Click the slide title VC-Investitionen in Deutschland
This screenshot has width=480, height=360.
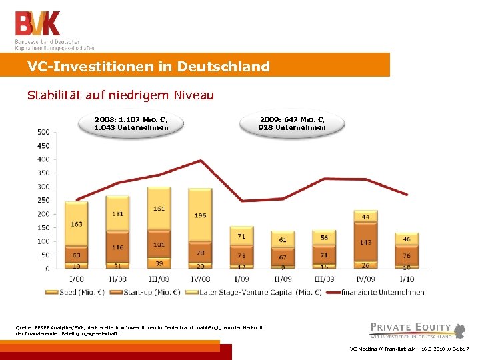point(149,67)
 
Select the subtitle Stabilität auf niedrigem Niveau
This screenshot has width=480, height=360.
point(121,95)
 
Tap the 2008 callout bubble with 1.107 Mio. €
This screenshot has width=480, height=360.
point(131,123)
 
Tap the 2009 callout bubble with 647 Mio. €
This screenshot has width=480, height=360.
point(292,123)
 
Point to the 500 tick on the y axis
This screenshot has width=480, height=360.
point(43,131)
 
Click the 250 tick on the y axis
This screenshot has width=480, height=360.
point(43,200)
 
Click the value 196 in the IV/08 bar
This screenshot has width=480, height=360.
point(201,215)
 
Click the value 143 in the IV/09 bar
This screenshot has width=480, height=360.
point(365,242)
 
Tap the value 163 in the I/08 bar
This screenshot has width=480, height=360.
point(77,224)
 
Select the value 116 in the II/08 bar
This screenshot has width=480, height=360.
point(118,247)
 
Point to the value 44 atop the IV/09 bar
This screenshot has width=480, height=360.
point(365,217)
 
